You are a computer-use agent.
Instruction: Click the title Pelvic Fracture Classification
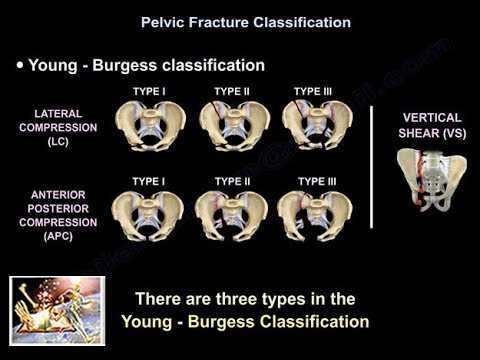(240, 21)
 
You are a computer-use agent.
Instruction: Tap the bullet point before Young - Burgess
(20, 66)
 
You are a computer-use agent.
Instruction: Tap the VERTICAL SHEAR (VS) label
(431, 123)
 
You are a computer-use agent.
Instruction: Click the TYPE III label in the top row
(313, 92)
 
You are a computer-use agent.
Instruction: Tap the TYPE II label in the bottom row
(232, 182)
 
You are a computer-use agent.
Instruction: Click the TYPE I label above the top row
(148, 92)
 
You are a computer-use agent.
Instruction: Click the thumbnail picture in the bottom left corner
(57, 309)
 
